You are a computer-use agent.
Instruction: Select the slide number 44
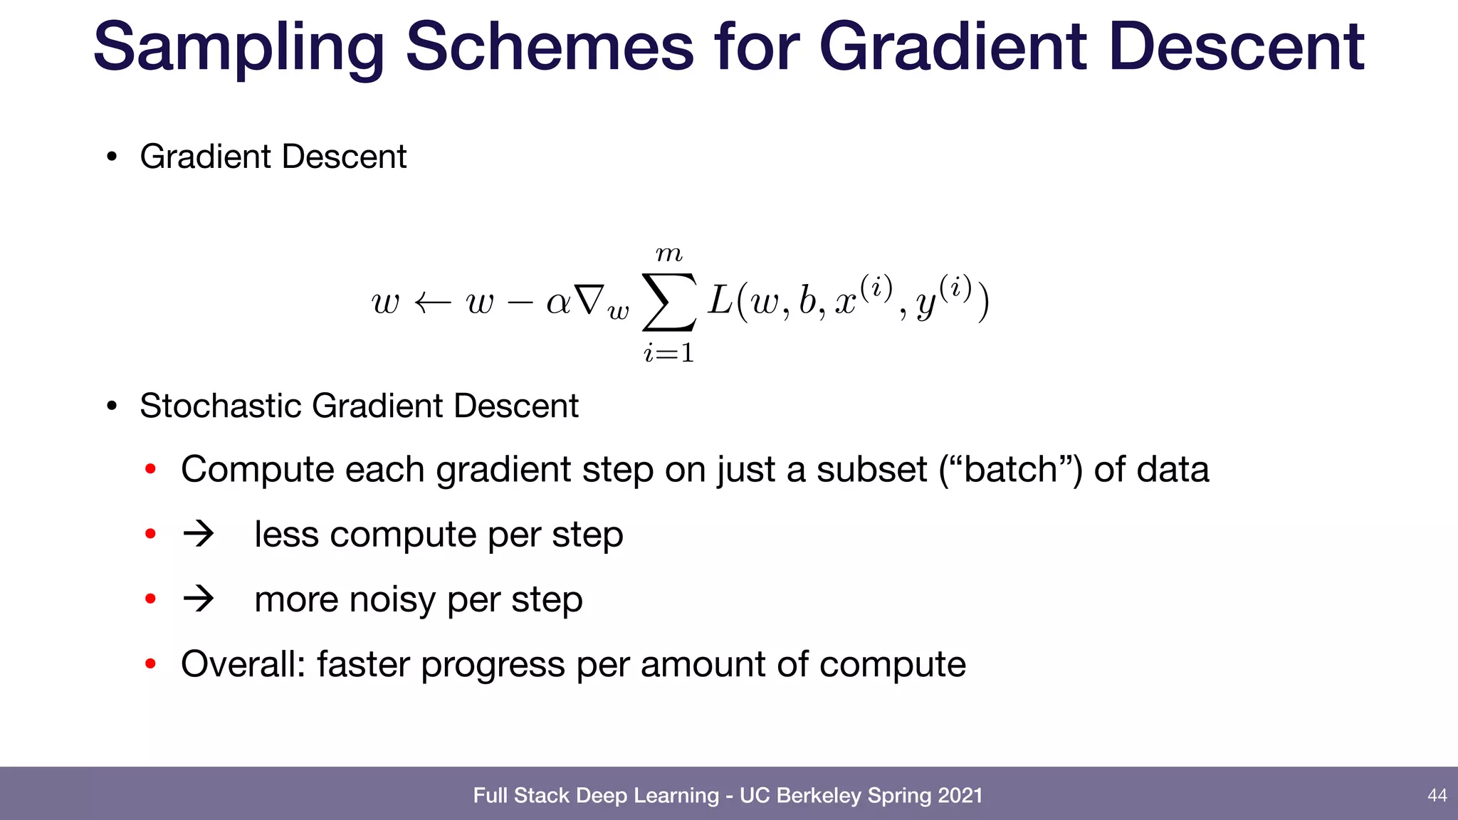pos(1437,795)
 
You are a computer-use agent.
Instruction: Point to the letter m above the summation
pos(668,253)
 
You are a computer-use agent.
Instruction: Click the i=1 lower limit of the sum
pos(668,352)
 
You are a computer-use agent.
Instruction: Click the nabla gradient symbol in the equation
pos(590,300)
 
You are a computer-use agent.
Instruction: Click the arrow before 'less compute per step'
pos(199,534)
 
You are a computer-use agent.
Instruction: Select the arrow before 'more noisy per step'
pos(199,599)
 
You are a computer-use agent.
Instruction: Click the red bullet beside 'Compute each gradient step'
pos(150,470)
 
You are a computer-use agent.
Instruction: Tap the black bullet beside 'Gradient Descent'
pos(111,157)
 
